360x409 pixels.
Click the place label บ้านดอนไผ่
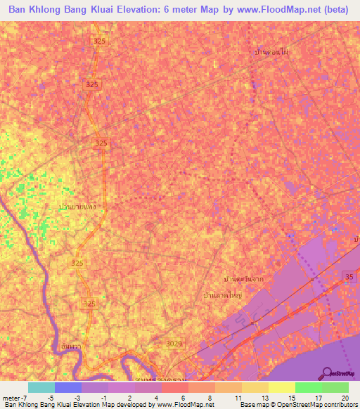click(273, 52)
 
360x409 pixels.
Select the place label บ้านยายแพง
click(77, 207)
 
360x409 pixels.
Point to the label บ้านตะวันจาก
click(243, 279)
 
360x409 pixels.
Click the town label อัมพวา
click(69, 346)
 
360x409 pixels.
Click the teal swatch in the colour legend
click(41, 387)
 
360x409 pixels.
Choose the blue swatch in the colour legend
click(67, 387)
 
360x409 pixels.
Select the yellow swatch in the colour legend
click(281, 387)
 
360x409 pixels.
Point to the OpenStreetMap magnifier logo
click(328, 373)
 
